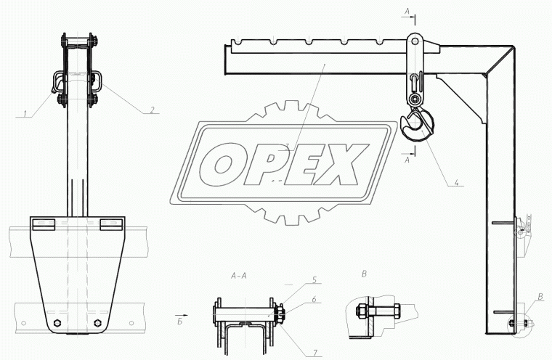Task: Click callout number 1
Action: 25,113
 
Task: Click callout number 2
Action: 152,110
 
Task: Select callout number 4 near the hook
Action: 456,182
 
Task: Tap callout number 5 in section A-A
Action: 314,279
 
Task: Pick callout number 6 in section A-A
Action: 314,300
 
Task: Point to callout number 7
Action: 315,353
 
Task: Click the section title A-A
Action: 239,276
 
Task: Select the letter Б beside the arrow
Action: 180,322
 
